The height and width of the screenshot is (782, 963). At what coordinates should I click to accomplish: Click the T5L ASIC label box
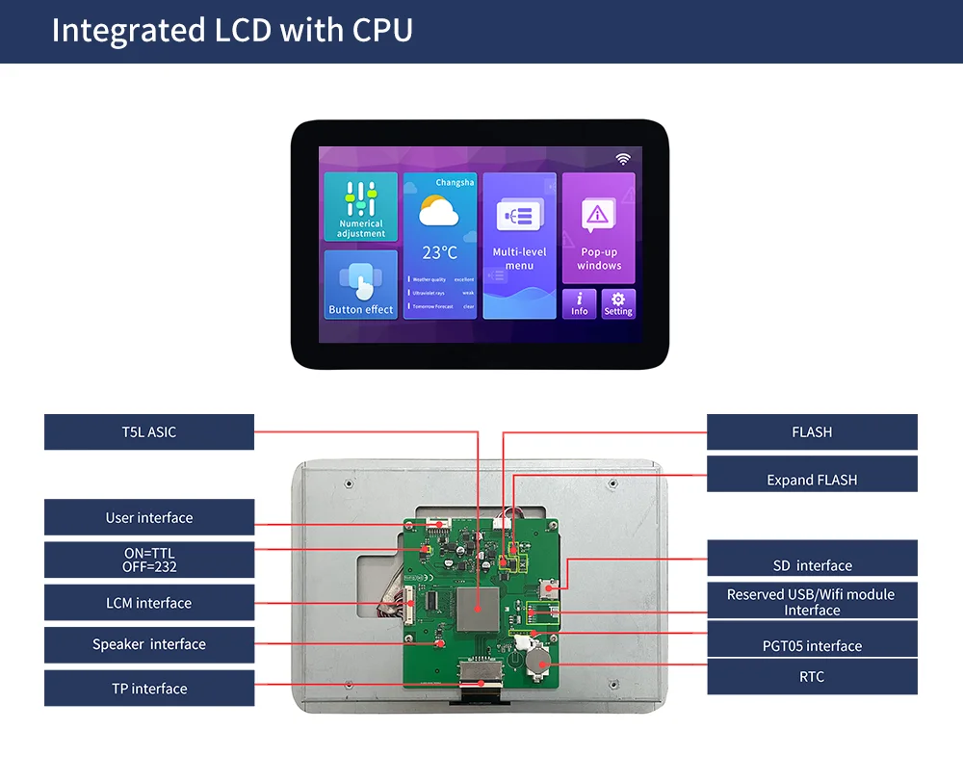pyautogui.click(x=149, y=432)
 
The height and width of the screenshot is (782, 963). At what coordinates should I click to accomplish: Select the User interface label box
pyautogui.click(x=149, y=517)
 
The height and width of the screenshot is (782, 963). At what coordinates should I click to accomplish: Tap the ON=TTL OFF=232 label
pyautogui.click(x=149, y=560)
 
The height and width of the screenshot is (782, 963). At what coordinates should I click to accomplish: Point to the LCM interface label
pyautogui.click(x=149, y=603)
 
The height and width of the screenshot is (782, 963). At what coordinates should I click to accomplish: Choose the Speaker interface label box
pyautogui.click(x=149, y=644)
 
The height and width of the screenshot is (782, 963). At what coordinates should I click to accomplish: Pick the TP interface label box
pyautogui.click(x=149, y=689)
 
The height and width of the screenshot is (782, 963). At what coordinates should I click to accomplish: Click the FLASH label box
pyautogui.click(x=812, y=432)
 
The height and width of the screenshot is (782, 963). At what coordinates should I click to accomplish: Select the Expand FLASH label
pyautogui.click(x=812, y=480)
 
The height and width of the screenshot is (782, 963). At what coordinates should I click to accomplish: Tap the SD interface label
pyautogui.click(x=812, y=565)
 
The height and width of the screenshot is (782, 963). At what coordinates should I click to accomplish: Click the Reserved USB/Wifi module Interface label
pyautogui.click(x=812, y=602)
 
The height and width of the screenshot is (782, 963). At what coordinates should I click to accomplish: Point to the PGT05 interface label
pyautogui.click(x=812, y=645)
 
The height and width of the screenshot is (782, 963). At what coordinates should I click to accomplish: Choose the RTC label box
pyautogui.click(x=812, y=677)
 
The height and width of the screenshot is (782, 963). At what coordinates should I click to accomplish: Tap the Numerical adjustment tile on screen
pyautogui.click(x=361, y=207)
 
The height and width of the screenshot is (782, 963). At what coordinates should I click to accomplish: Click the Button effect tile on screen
pyautogui.click(x=361, y=285)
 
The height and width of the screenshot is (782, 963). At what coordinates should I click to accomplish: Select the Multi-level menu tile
pyautogui.click(x=519, y=246)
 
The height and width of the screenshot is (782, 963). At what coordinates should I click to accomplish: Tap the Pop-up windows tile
pyautogui.click(x=599, y=228)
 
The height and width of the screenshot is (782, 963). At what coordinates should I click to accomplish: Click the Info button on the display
pyautogui.click(x=580, y=304)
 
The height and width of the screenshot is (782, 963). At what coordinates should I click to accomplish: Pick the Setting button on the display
pyautogui.click(x=618, y=304)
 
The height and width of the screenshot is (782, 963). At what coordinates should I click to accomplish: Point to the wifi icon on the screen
pyautogui.click(x=623, y=159)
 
